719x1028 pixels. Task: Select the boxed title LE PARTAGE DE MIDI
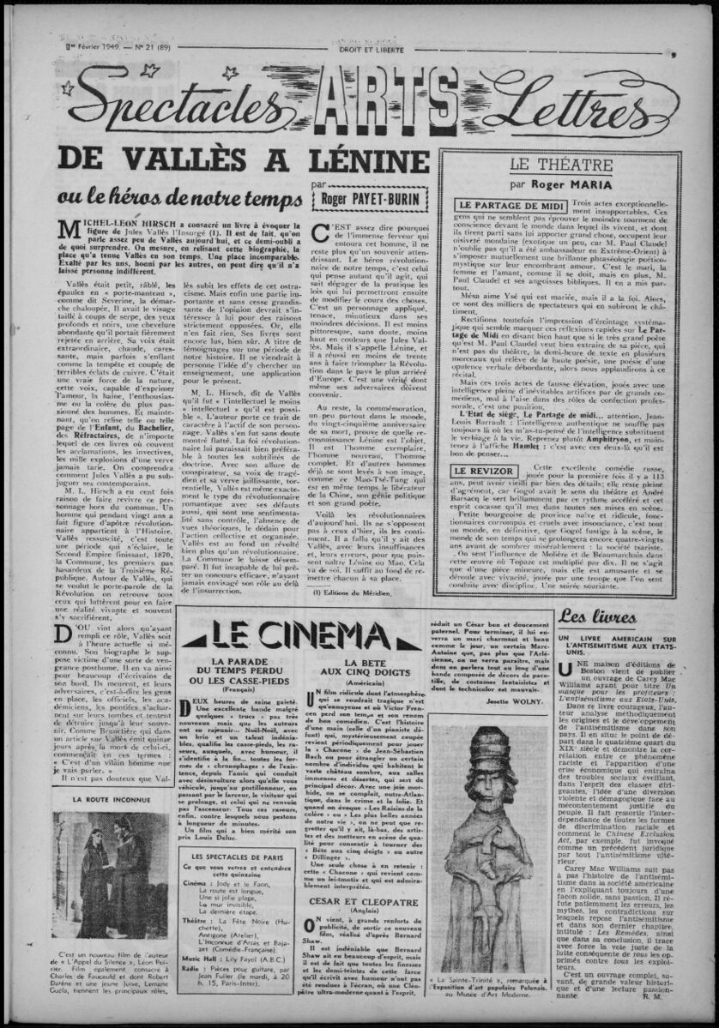tap(510, 206)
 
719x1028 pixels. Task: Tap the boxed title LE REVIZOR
tap(485, 472)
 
